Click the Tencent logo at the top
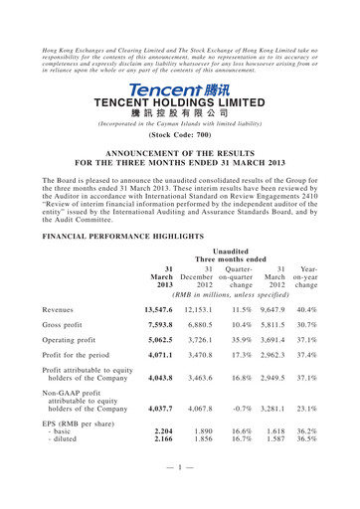click(179, 88)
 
